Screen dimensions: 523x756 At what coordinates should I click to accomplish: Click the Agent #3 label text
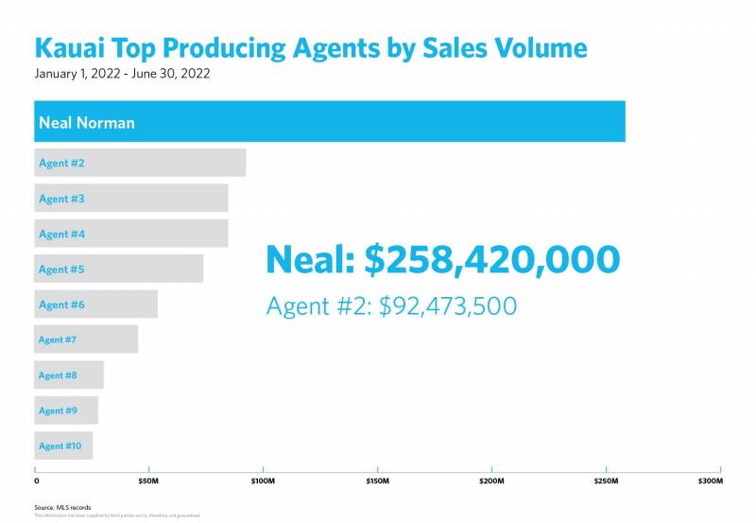[x=61, y=199]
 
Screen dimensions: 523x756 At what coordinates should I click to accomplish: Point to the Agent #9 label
[x=58, y=410]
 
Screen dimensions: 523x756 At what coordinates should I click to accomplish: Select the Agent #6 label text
[x=61, y=305]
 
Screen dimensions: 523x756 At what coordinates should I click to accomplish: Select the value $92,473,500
[x=448, y=306]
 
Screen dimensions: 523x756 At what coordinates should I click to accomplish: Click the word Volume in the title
[x=535, y=48]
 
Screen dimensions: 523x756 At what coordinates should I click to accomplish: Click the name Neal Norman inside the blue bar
[x=86, y=123]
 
